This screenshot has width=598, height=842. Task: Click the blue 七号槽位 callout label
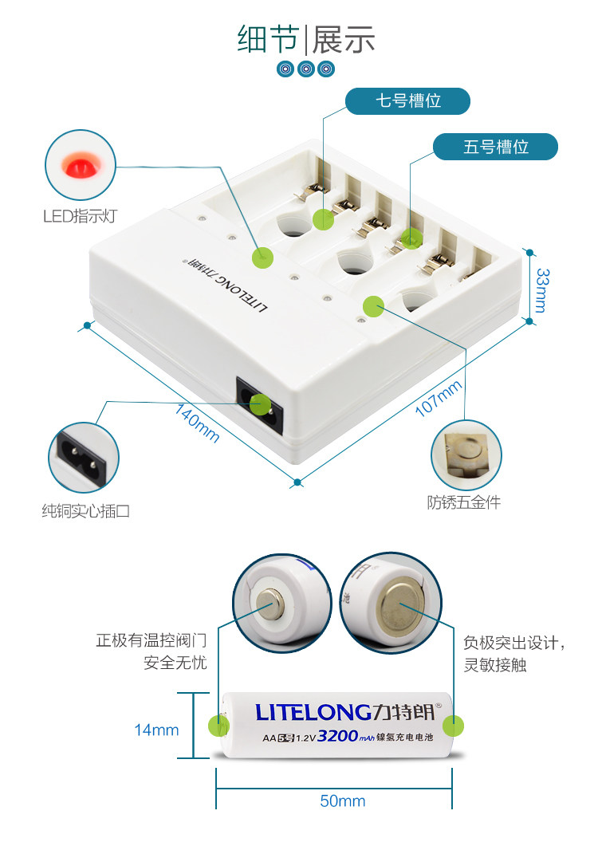click(x=407, y=101)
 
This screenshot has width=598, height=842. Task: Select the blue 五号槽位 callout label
click(x=495, y=147)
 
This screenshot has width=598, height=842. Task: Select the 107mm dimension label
click(x=439, y=399)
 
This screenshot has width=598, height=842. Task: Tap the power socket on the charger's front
click(x=259, y=403)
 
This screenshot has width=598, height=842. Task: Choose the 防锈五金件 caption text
click(x=464, y=502)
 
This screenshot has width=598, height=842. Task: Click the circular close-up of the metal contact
click(x=466, y=455)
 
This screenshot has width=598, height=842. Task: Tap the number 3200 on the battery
click(x=336, y=736)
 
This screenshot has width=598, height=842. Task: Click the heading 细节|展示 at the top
click(x=306, y=39)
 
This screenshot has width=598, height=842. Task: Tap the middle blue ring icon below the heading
click(x=306, y=69)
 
